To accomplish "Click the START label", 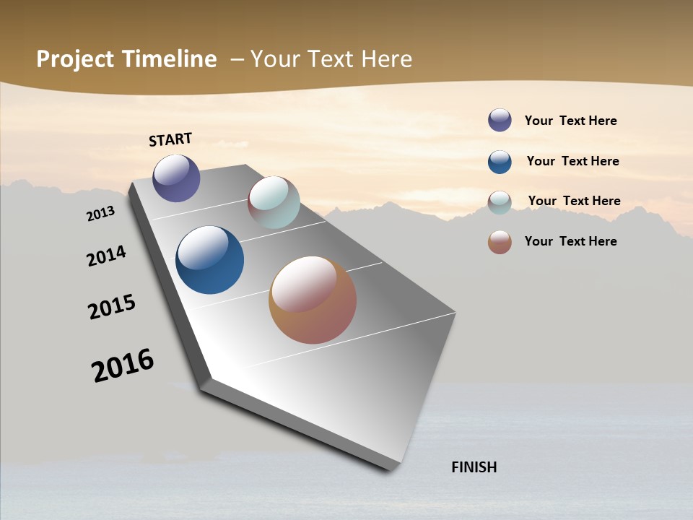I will tap(170, 139).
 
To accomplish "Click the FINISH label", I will tap(474, 467).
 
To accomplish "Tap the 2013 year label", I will tap(100, 214).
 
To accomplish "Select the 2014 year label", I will tap(106, 256).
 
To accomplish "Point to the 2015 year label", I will tap(112, 307).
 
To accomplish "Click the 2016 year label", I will tap(123, 365).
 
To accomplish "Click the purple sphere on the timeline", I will tap(176, 178).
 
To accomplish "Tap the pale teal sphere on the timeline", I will tap(274, 202).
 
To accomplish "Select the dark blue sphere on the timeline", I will tap(209, 260).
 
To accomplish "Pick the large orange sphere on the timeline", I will tap(313, 300).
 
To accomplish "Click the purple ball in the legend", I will tap(500, 120).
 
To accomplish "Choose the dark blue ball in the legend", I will tap(500, 162).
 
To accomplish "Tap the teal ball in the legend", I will tap(500, 202).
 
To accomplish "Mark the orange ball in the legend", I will tap(500, 242).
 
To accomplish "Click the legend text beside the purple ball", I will tap(570, 121).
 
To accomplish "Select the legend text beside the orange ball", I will tap(570, 241).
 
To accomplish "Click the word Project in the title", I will tap(76, 59).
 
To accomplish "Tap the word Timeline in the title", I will tap(171, 59).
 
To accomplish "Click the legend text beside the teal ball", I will tap(574, 201).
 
